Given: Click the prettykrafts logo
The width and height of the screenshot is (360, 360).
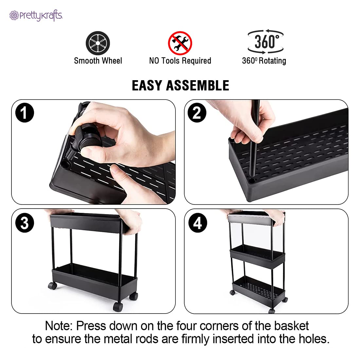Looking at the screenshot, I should point(36,15).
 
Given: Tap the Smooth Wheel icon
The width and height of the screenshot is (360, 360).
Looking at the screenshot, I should point(98,43).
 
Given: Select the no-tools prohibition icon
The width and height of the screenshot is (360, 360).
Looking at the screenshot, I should point(180,43).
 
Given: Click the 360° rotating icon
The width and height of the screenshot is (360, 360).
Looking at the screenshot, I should point(265,42).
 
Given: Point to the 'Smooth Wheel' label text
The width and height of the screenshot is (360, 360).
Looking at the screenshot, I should point(98,61).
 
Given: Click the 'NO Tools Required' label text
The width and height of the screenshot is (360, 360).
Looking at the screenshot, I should point(180,61).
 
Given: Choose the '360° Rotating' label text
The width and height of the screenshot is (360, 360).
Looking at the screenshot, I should point(264,61).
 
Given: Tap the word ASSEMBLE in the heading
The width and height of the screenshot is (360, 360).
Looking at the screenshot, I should point(197,85).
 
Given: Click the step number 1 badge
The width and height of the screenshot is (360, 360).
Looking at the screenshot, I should point(25,113).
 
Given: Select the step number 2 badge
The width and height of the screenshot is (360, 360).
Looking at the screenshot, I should point(197,113).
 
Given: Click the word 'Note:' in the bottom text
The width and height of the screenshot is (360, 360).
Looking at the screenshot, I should point(59,326).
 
